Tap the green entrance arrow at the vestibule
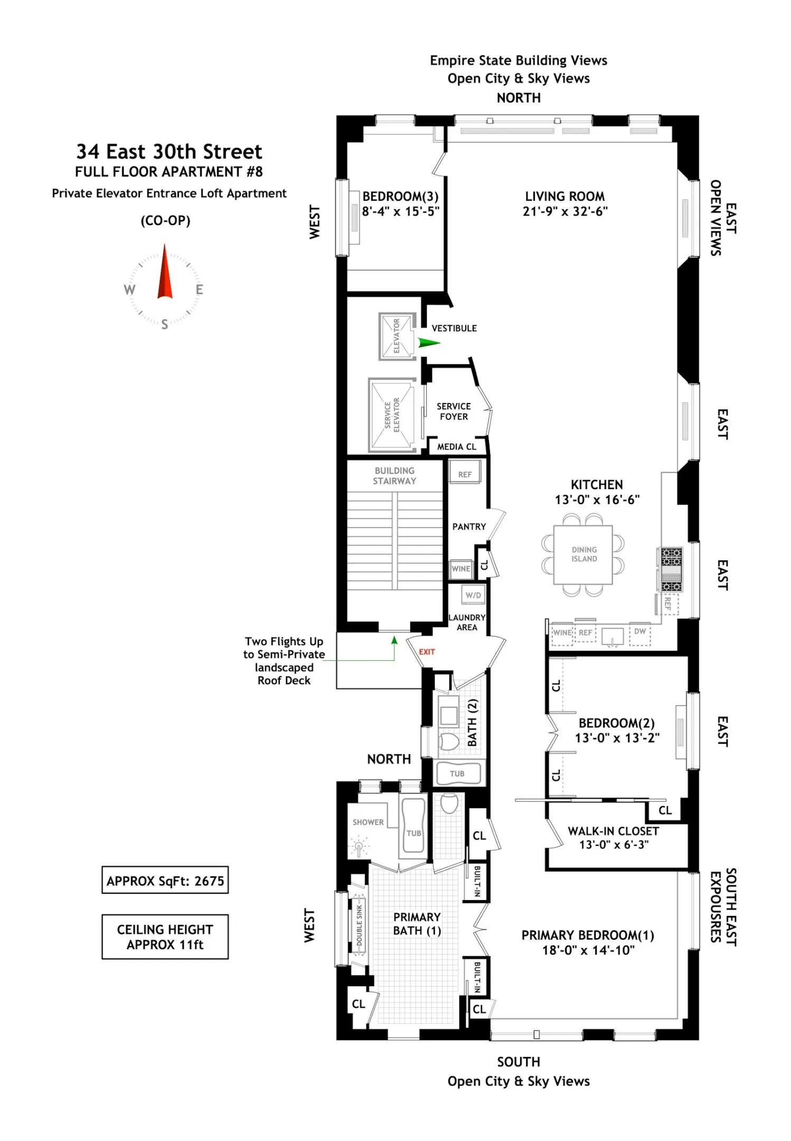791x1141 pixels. click(x=429, y=343)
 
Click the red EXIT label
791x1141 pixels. click(x=427, y=652)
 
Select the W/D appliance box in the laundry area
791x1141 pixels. click(x=473, y=595)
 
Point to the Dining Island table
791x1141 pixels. click(x=583, y=555)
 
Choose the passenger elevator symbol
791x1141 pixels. click(x=397, y=336)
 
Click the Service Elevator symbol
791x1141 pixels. click(x=392, y=415)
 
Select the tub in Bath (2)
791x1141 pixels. click(x=457, y=774)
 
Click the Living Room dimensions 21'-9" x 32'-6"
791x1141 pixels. click(x=565, y=211)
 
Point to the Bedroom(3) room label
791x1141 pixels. click(x=400, y=197)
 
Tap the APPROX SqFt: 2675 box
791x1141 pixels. click(x=165, y=880)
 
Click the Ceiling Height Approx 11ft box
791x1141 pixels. click(x=165, y=937)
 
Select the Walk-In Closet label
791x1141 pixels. click(x=613, y=831)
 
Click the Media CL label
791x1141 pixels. click(x=457, y=447)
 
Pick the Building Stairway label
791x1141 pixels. click(x=394, y=475)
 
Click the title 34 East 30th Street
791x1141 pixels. click(x=169, y=152)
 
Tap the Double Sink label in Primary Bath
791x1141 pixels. click(x=360, y=925)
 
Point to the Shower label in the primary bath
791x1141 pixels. click(x=368, y=822)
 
